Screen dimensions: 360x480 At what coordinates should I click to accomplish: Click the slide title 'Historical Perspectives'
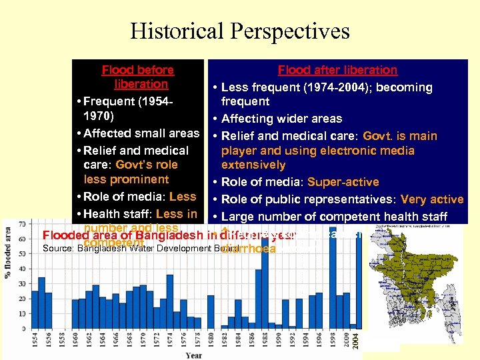(240, 31)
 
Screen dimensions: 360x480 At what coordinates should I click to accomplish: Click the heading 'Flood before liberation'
(138, 77)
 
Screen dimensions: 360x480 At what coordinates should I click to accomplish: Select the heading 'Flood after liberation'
(337, 70)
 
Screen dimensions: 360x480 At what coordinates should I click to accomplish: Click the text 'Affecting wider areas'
(281, 119)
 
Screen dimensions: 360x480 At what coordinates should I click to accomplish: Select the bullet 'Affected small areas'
(142, 133)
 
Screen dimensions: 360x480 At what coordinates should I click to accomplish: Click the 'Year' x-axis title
(194, 355)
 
